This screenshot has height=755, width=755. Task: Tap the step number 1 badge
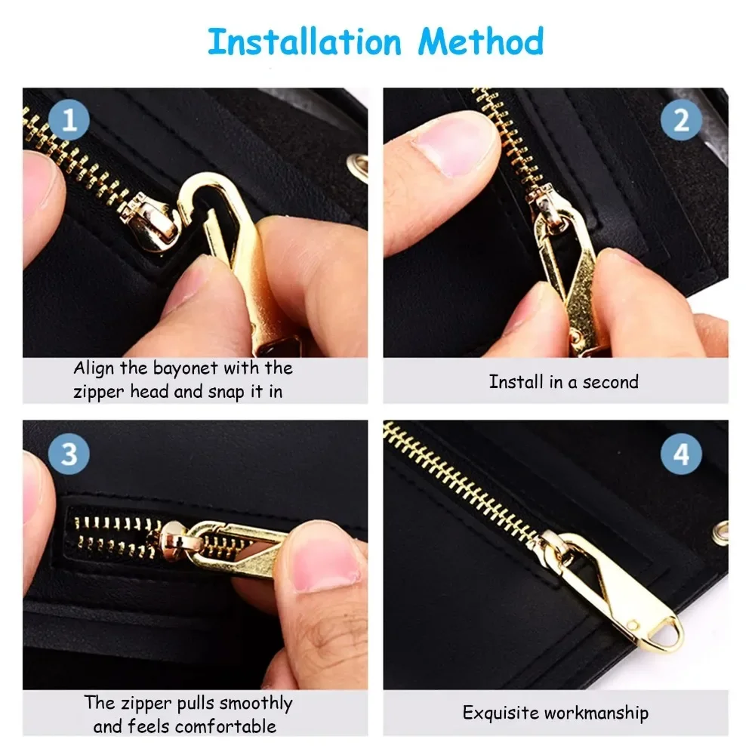coord(69,121)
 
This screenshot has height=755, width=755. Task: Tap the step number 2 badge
coord(681,121)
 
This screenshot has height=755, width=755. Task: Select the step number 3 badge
coord(69,455)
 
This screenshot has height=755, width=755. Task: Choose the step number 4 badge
coord(681,455)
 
